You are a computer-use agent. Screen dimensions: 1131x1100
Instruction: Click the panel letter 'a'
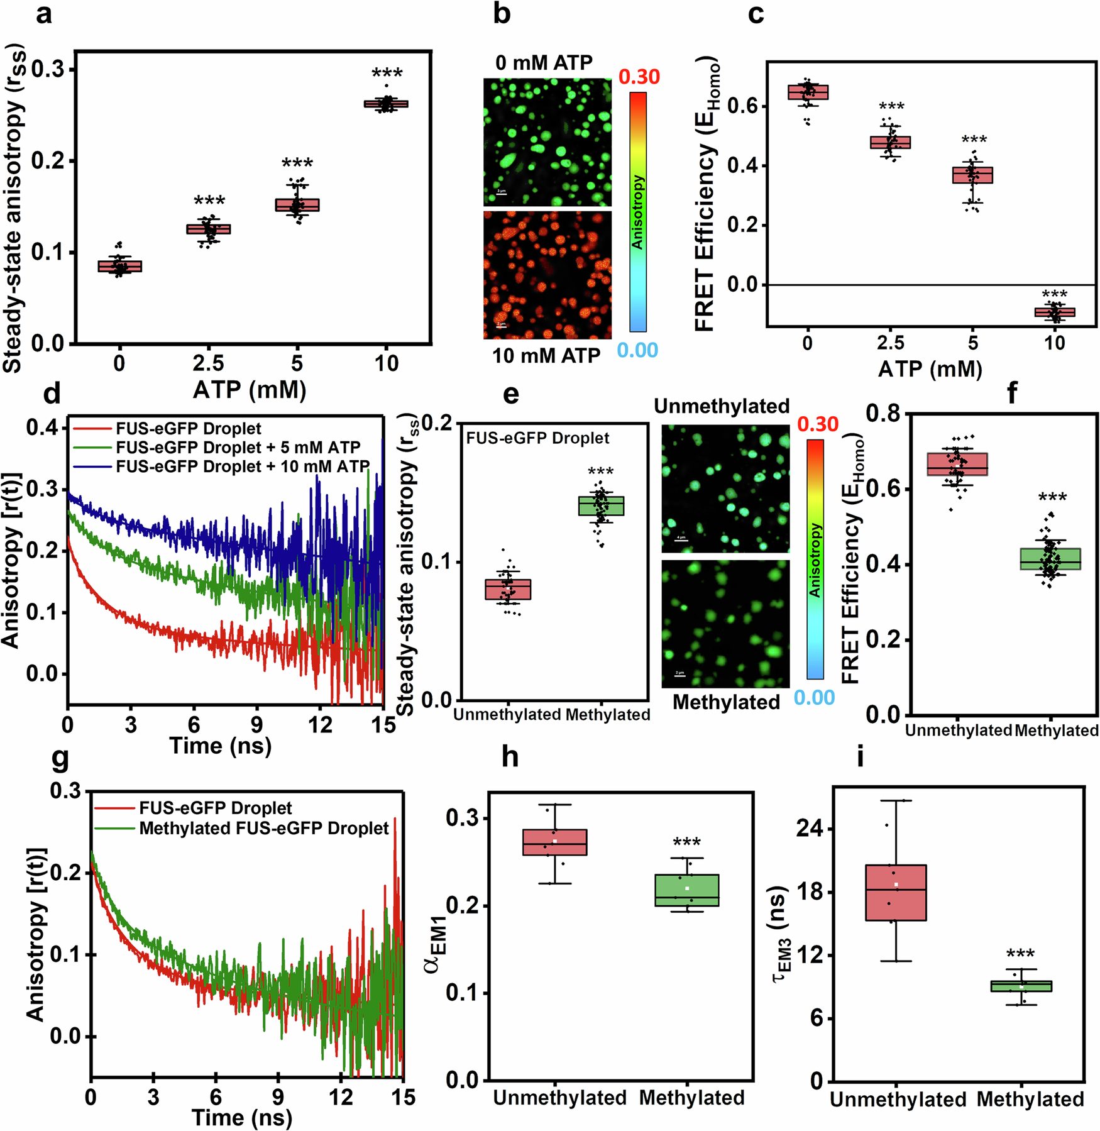coord(43,14)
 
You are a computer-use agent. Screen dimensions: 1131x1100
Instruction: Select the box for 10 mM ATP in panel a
coord(386,104)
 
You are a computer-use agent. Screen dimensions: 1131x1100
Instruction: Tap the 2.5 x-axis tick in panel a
coord(208,363)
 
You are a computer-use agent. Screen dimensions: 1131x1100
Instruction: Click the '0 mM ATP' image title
coord(544,63)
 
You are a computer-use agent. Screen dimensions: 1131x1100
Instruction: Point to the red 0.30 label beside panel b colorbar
coord(639,77)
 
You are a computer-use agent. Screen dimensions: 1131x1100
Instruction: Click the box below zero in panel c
coord(1055,312)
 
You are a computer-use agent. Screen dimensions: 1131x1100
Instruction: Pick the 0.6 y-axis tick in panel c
coord(742,106)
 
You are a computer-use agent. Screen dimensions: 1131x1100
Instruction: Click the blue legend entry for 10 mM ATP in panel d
coord(243,466)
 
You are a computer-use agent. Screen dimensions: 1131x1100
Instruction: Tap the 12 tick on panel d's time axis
coord(320,725)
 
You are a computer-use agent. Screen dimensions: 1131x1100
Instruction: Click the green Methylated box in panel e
coord(601,506)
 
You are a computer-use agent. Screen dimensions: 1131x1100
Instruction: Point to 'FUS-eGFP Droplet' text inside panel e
coord(537,438)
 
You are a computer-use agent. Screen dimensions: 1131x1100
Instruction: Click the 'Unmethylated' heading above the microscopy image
coord(722,407)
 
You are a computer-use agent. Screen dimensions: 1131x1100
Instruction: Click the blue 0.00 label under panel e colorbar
coord(814,698)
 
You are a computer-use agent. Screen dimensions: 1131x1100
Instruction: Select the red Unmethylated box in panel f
coord(957,464)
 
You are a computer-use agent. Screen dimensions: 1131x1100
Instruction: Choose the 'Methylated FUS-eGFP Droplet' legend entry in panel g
coord(264,829)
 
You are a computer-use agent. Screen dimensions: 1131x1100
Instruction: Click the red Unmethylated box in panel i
coord(896,893)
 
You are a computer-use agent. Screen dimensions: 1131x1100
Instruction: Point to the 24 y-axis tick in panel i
coord(810,829)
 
